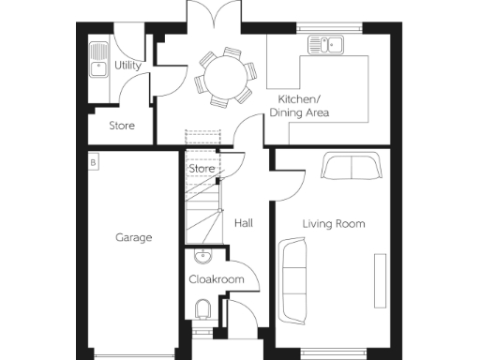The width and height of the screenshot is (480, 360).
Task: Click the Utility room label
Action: [127, 66]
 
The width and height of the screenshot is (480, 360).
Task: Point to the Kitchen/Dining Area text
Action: [299, 106]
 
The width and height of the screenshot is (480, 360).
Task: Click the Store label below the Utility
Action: [121, 125]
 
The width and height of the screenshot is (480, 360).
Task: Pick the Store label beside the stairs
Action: [202, 169]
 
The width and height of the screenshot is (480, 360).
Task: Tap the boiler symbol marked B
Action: [93, 163]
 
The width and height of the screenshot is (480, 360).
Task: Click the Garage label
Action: [133, 237]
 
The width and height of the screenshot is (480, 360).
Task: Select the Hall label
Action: [243, 223]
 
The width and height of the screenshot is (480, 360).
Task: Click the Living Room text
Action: [333, 224]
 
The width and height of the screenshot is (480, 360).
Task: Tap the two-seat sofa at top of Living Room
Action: [350, 167]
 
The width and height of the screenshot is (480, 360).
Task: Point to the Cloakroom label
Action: [217, 279]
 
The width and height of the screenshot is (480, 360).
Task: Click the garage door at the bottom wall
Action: [133, 354]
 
